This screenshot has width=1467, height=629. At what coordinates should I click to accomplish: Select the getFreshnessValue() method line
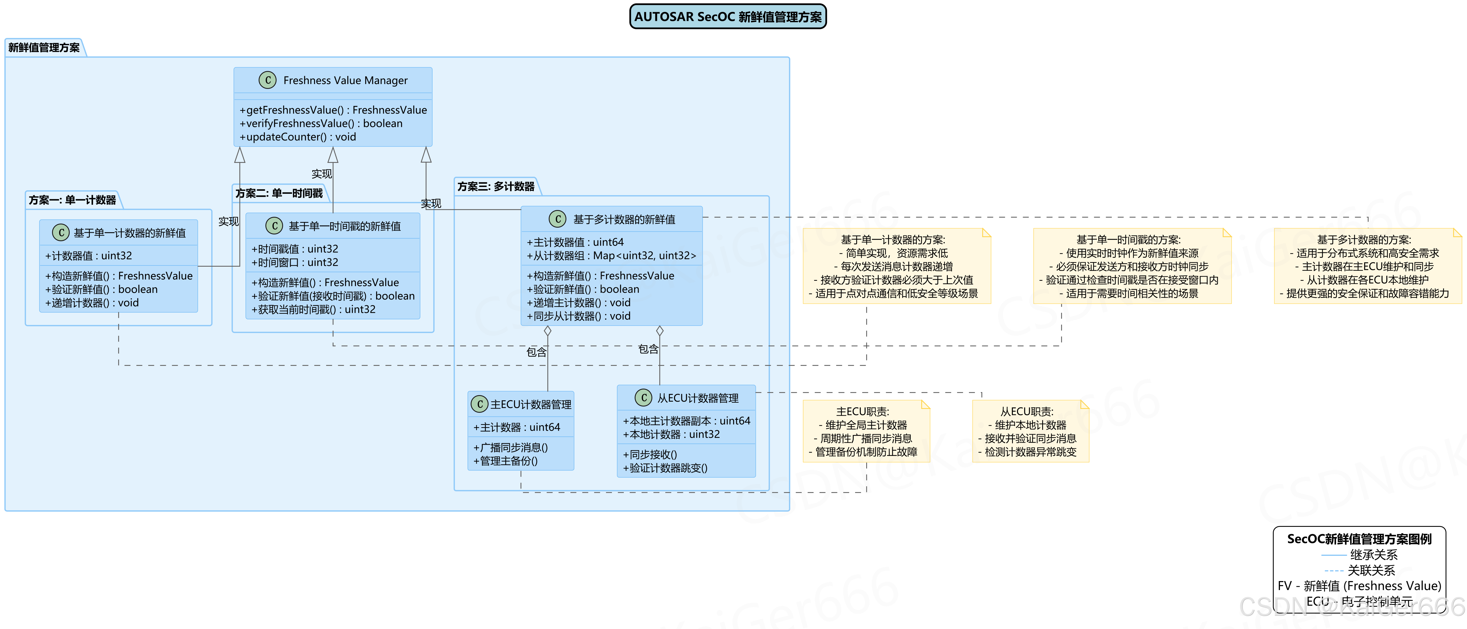(333, 110)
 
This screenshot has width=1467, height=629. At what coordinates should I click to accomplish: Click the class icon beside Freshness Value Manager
(268, 80)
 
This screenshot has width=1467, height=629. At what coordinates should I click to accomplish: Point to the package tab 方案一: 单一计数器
(72, 200)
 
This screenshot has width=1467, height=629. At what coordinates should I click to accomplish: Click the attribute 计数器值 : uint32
(89, 256)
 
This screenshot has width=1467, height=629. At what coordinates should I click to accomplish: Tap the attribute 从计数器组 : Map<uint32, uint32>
(611, 256)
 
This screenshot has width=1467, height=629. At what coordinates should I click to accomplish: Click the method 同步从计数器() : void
(579, 316)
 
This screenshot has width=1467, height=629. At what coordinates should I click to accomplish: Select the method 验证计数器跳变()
(665, 468)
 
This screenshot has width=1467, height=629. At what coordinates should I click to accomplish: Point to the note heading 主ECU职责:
(862, 411)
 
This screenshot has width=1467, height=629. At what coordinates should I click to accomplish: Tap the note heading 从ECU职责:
(1027, 411)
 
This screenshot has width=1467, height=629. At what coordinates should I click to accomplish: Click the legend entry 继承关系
(1373, 554)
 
